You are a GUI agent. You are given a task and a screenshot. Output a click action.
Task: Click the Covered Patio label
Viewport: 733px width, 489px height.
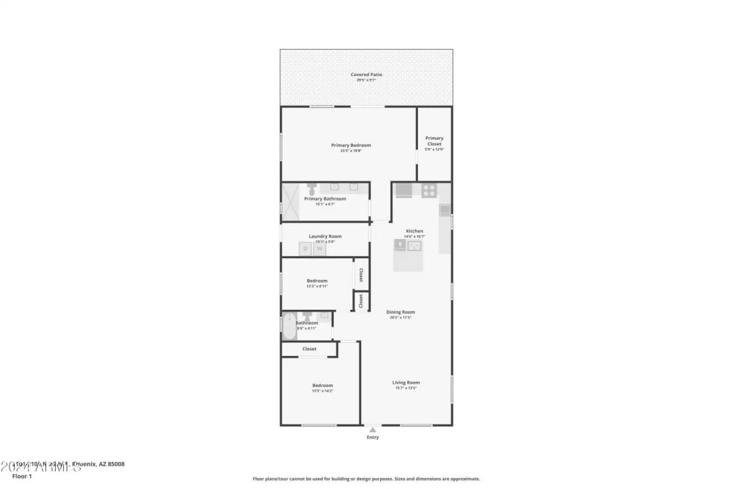pos(366,75)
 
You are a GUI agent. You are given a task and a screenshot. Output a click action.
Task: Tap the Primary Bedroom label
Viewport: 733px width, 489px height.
pos(351,145)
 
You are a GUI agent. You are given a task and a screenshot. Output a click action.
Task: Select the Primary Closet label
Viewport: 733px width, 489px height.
pos(434,141)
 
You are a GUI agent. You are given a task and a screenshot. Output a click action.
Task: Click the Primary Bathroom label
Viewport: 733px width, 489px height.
pos(325,199)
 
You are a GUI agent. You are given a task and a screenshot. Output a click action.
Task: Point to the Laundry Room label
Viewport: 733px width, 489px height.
pos(325,236)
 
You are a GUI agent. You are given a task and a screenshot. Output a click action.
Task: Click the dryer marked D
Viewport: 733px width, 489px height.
pos(305,249)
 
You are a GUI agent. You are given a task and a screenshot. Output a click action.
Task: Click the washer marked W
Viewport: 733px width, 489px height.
pos(319,249)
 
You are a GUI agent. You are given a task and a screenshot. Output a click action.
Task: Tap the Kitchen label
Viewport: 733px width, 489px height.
pos(415,232)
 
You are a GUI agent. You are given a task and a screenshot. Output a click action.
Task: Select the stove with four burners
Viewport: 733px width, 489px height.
pos(429,190)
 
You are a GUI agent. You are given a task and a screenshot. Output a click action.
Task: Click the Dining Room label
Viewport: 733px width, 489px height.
pos(401,312)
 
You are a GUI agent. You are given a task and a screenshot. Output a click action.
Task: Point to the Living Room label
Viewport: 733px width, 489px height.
pos(406,382)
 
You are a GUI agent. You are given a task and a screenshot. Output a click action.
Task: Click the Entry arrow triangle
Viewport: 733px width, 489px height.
pos(373,430)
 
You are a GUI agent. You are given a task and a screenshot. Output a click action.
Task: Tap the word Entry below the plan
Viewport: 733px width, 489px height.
pos(373,437)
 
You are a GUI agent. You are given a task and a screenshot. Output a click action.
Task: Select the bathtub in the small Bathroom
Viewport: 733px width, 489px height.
pos(289,325)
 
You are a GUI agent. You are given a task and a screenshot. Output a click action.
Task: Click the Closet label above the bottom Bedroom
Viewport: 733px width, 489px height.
pos(309,349)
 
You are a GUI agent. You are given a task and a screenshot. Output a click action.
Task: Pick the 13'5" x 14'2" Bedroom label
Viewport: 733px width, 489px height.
pos(322,386)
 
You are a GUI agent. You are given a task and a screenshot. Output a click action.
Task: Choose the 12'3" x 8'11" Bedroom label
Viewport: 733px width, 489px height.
pos(317,281)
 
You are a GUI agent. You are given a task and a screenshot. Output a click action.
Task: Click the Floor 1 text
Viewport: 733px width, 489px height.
pos(22,476)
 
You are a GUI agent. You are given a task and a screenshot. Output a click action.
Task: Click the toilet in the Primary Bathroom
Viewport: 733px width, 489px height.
pos(312,186)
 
